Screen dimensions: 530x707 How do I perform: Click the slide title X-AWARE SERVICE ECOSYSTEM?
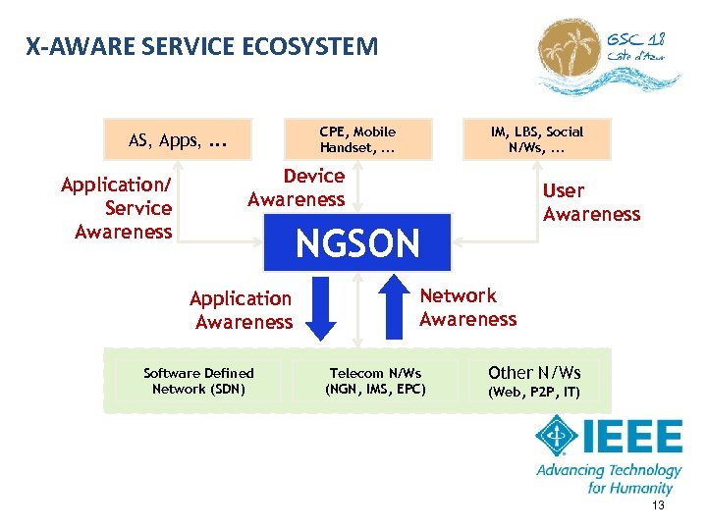[201, 46]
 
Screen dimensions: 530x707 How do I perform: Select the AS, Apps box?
[178, 140]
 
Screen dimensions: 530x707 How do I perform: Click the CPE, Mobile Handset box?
[357, 139]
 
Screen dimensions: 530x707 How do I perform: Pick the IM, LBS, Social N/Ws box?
[537, 139]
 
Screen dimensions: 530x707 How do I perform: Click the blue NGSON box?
[357, 242]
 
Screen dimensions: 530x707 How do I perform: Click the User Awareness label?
[590, 202]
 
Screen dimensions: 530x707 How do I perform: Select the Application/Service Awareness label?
[117, 208]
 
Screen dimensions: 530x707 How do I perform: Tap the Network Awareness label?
[467, 307]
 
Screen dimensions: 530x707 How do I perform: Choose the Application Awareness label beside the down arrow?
[242, 310]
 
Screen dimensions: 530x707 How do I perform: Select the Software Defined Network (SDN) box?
[198, 381]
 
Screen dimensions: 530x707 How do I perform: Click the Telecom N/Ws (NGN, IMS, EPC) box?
[375, 381]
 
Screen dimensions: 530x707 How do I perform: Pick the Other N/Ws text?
[534, 372]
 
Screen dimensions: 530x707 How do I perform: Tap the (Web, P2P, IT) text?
[534, 393]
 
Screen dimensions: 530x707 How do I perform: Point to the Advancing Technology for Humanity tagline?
[608, 479]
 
